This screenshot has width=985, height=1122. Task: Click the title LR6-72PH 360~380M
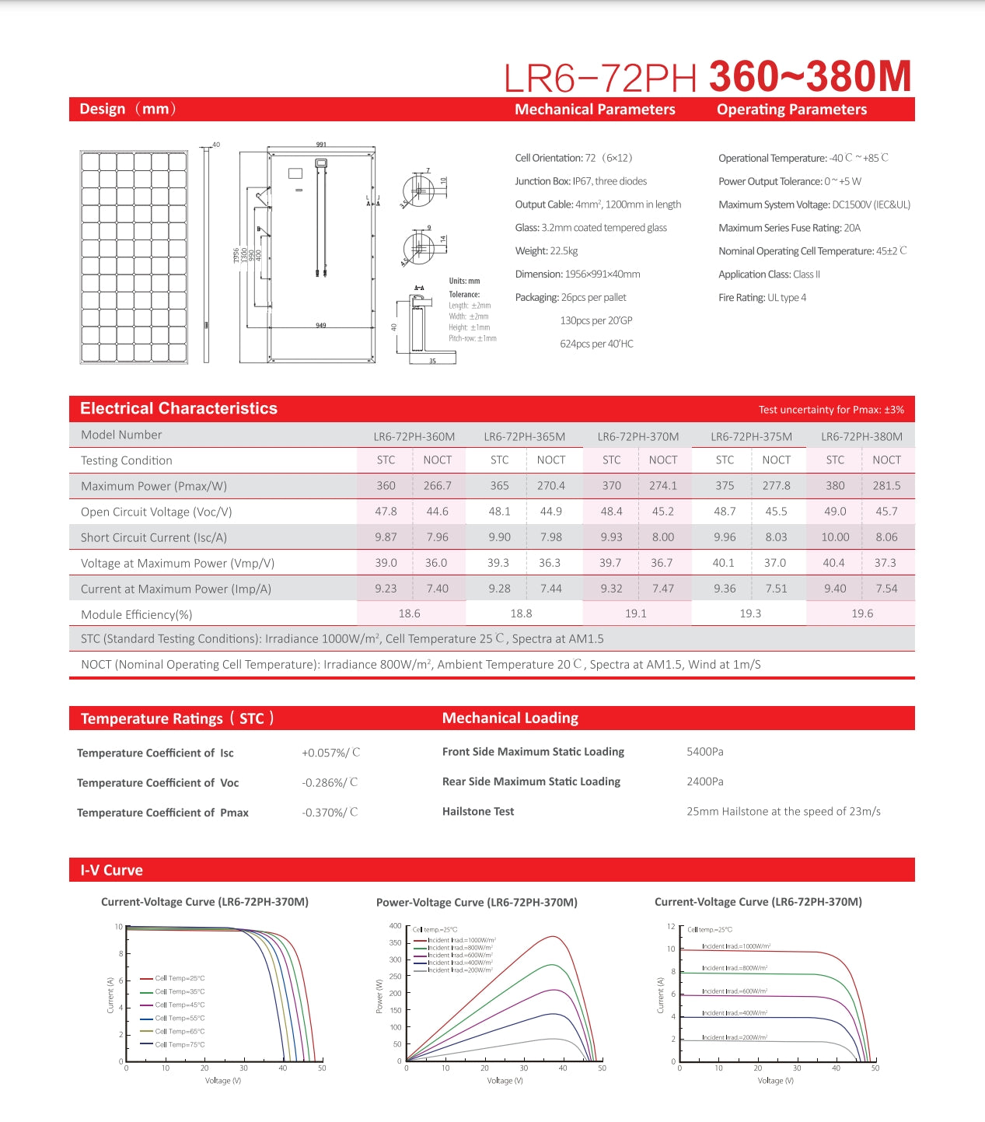pos(707,76)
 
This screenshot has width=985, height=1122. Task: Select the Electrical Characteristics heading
pos(179,408)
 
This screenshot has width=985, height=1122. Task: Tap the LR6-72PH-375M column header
pos(751,436)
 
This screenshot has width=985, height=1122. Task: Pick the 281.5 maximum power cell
pos(886,485)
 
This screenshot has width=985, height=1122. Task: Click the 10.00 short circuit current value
pos(835,537)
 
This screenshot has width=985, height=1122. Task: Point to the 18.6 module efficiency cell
pos(410,613)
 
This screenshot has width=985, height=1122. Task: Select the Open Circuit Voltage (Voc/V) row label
pos(156,512)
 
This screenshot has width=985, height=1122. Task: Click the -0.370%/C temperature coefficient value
pos(330,812)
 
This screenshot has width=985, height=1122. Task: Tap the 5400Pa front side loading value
pos(705,751)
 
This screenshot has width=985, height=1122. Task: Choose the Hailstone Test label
pos(478,811)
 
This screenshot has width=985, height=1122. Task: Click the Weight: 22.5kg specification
pos(547,250)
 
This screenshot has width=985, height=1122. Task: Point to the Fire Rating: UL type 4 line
pos(762,297)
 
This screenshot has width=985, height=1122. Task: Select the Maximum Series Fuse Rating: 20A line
pos(789,227)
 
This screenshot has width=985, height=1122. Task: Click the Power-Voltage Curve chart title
pos(477,902)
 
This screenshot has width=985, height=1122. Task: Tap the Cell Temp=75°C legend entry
pos(180,1044)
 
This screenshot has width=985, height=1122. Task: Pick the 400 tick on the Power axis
pos(396,926)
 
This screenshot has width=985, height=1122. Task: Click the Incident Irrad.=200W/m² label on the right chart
pos(734,1037)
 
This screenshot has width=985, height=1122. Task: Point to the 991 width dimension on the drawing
pos(321,145)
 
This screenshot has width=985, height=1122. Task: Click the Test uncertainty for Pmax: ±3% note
pos(831,410)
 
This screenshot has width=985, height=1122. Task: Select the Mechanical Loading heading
pos(510,718)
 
